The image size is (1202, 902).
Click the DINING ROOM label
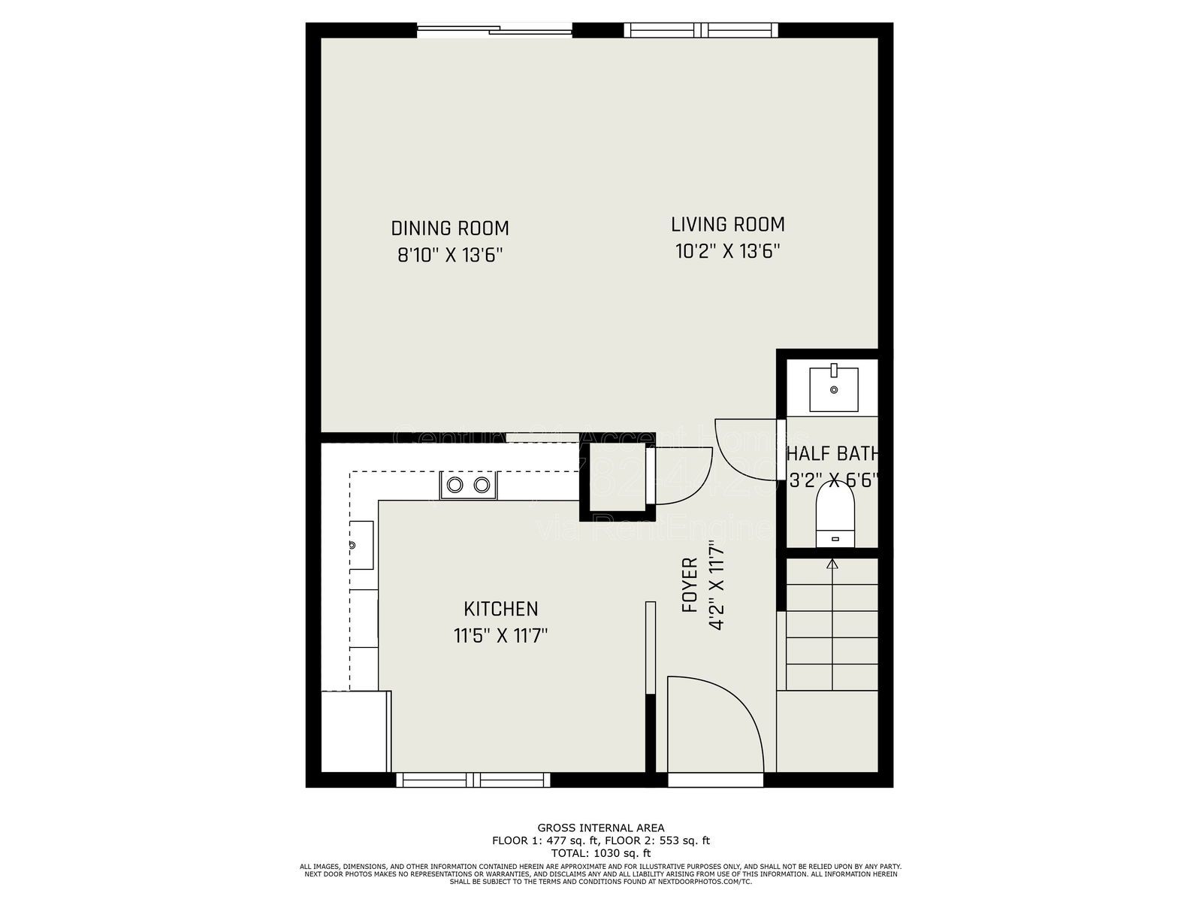tap(449, 228)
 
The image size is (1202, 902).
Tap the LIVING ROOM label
tap(727, 224)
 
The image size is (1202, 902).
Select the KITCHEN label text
tap(500, 609)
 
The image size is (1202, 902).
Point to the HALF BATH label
tap(832, 454)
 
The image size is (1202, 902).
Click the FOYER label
tap(689, 585)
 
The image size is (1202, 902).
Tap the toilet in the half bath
tap(835, 515)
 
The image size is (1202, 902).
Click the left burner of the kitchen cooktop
tap(455, 485)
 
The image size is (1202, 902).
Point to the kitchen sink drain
tap(352, 544)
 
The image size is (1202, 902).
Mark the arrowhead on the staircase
tap(832, 563)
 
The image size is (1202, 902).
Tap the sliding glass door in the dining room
tap(495, 30)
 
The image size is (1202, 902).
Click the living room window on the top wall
tap(701, 30)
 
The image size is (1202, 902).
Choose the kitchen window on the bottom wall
tap(473, 780)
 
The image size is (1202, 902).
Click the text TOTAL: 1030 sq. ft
tap(600, 853)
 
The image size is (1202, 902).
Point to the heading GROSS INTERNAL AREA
tap(600, 828)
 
